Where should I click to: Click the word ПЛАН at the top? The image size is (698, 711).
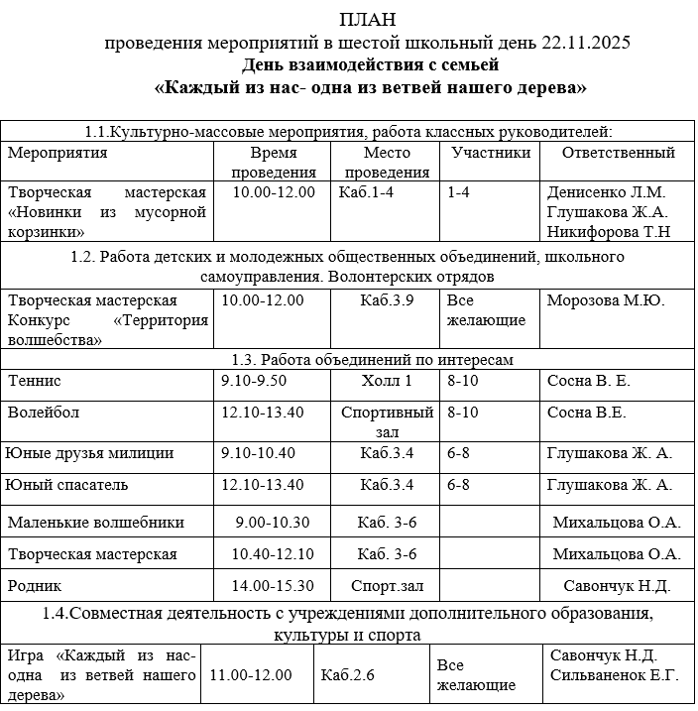click(x=366, y=20)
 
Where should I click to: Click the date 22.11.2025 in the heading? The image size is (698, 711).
click(x=586, y=43)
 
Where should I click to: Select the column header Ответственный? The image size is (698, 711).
click(x=618, y=153)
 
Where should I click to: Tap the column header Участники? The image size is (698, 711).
click(x=490, y=153)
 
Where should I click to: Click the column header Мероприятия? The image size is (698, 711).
click(x=58, y=153)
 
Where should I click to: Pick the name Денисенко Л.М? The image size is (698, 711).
click(x=606, y=192)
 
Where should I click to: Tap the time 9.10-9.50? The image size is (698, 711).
click(x=254, y=380)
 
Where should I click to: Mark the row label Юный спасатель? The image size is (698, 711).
click(x=67, y=485)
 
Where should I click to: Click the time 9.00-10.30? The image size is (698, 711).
click(x=273, y=523)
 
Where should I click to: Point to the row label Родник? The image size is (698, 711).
click(x=35, y=585)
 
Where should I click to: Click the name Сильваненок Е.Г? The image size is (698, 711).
click(x=613, y=675)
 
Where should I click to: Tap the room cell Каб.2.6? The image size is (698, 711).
click(x=348, y=675)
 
